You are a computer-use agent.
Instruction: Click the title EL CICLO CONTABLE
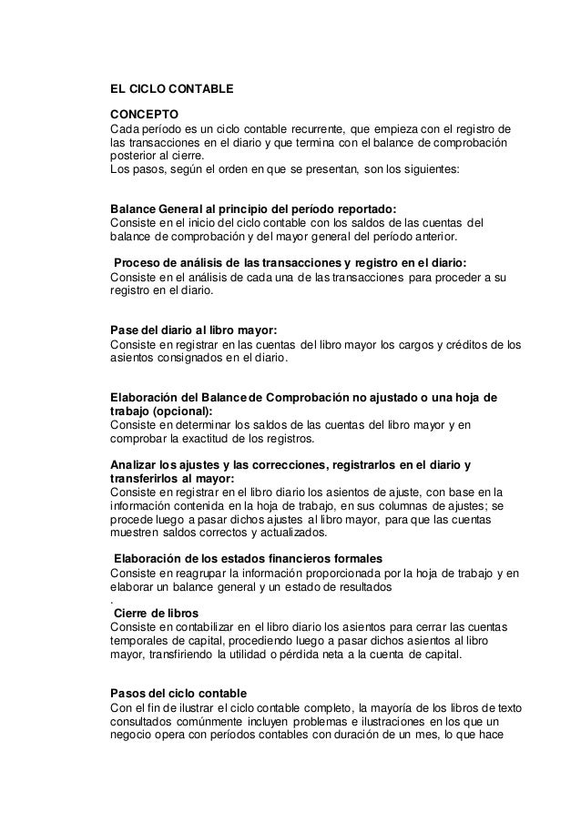(x=171, y=90)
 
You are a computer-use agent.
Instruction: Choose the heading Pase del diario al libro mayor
(x=194, y=330)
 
